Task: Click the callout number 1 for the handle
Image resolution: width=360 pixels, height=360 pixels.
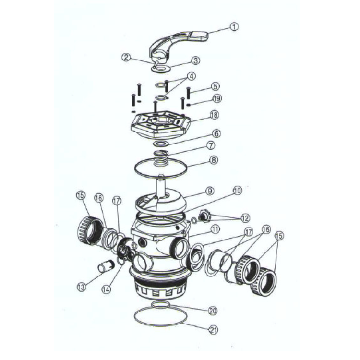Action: click(x=234, y=27)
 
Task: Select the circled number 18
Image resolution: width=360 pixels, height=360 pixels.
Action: click(x=215, y=116)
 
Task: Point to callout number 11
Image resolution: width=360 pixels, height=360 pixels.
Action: click(x=216, y=230)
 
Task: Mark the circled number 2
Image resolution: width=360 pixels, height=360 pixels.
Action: click(x=126, y=58)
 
